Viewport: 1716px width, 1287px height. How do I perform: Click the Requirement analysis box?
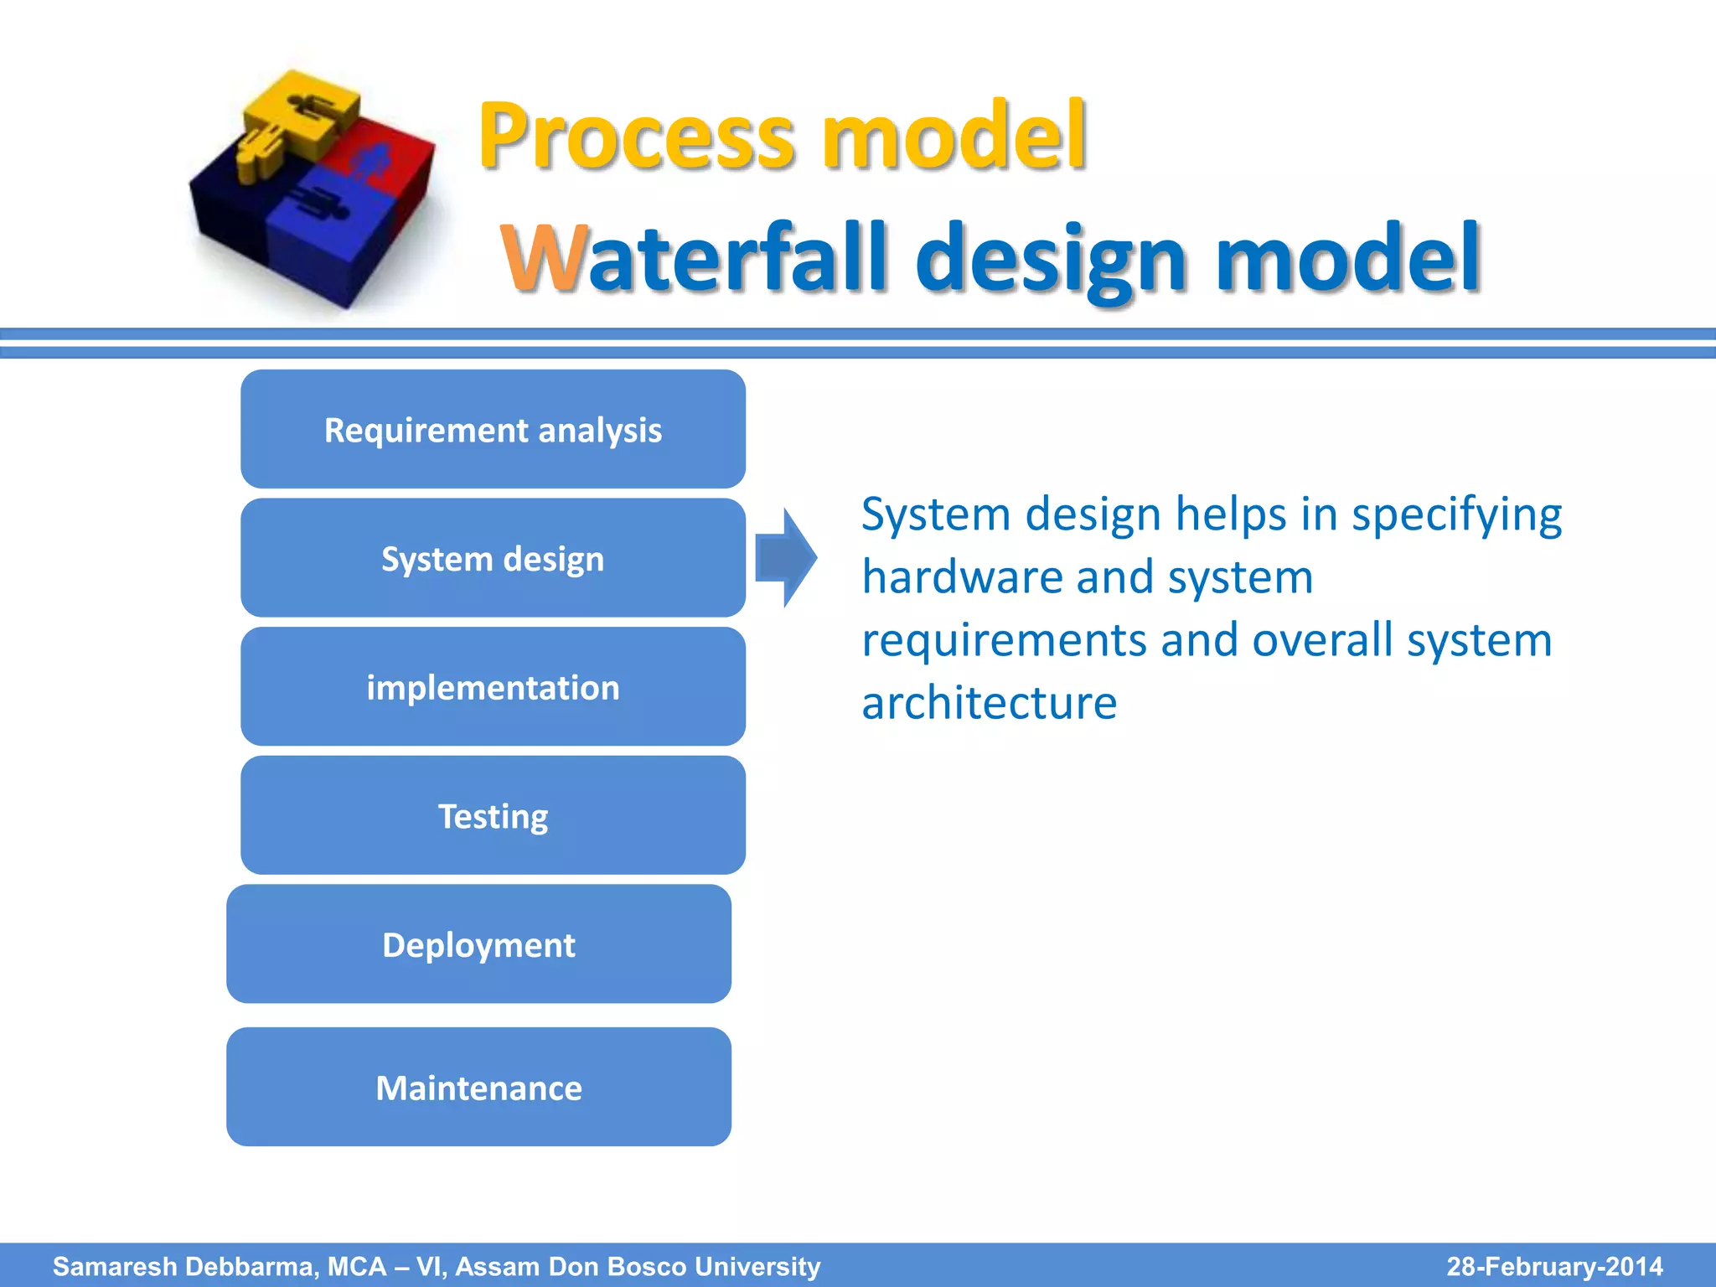[493, 429]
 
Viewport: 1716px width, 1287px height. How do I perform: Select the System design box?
[493, 558]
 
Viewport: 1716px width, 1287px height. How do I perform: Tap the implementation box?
[493, 687]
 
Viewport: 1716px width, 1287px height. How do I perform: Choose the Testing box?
[493, 815]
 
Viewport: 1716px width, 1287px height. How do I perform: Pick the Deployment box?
[478, 944]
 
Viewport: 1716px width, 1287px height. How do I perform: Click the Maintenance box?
[478, 1087]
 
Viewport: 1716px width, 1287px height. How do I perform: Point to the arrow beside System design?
[786, 557]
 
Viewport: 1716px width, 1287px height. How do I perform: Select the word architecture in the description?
[989, 702]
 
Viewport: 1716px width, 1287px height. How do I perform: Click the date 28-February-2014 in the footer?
[1554, 1266]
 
